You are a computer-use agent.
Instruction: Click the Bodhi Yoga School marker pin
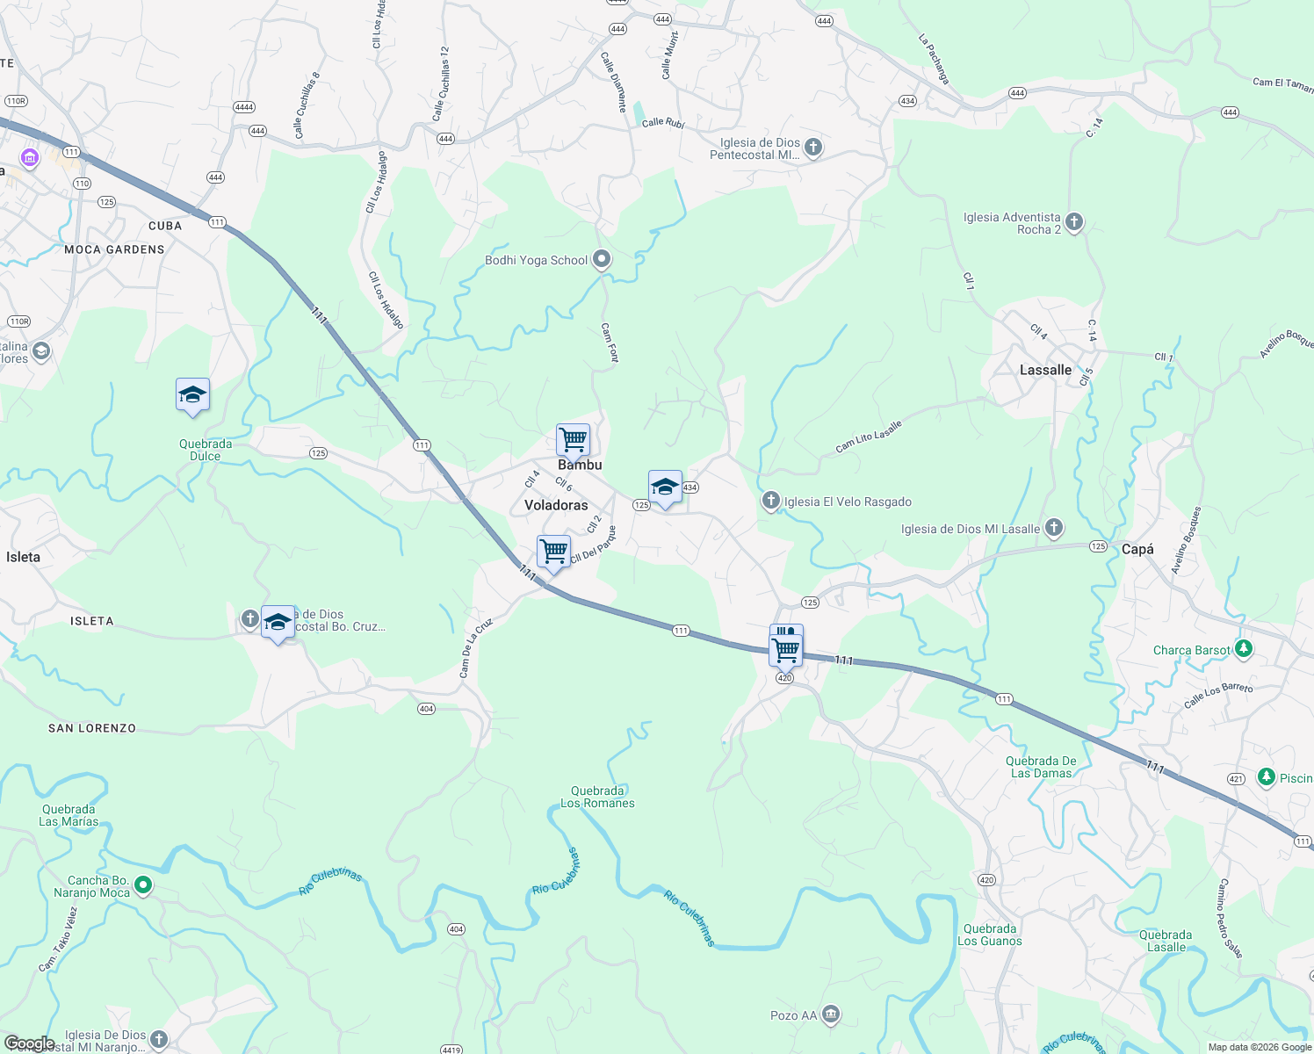602,259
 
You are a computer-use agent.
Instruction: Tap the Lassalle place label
1045,370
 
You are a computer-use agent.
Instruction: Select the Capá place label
1137,549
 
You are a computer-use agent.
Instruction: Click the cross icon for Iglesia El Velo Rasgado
770,501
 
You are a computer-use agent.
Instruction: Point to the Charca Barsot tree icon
1243,649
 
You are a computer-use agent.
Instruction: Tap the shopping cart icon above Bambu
573,438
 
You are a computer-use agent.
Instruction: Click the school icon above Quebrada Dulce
192,394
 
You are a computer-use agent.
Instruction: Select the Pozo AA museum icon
831,1014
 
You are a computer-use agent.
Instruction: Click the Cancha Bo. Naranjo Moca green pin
143,885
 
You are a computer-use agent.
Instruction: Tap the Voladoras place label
556,505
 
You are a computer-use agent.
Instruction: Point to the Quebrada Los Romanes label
597,797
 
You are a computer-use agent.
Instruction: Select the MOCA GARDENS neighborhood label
114,249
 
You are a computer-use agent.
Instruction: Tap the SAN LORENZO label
92,728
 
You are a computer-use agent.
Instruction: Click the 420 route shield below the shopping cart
784,678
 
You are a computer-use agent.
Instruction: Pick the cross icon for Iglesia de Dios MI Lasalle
1054,528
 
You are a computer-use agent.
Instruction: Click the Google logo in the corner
29,1043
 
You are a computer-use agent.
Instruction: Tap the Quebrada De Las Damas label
1041,767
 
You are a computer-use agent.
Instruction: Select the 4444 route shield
244,107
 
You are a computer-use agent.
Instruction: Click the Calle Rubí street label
662,123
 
